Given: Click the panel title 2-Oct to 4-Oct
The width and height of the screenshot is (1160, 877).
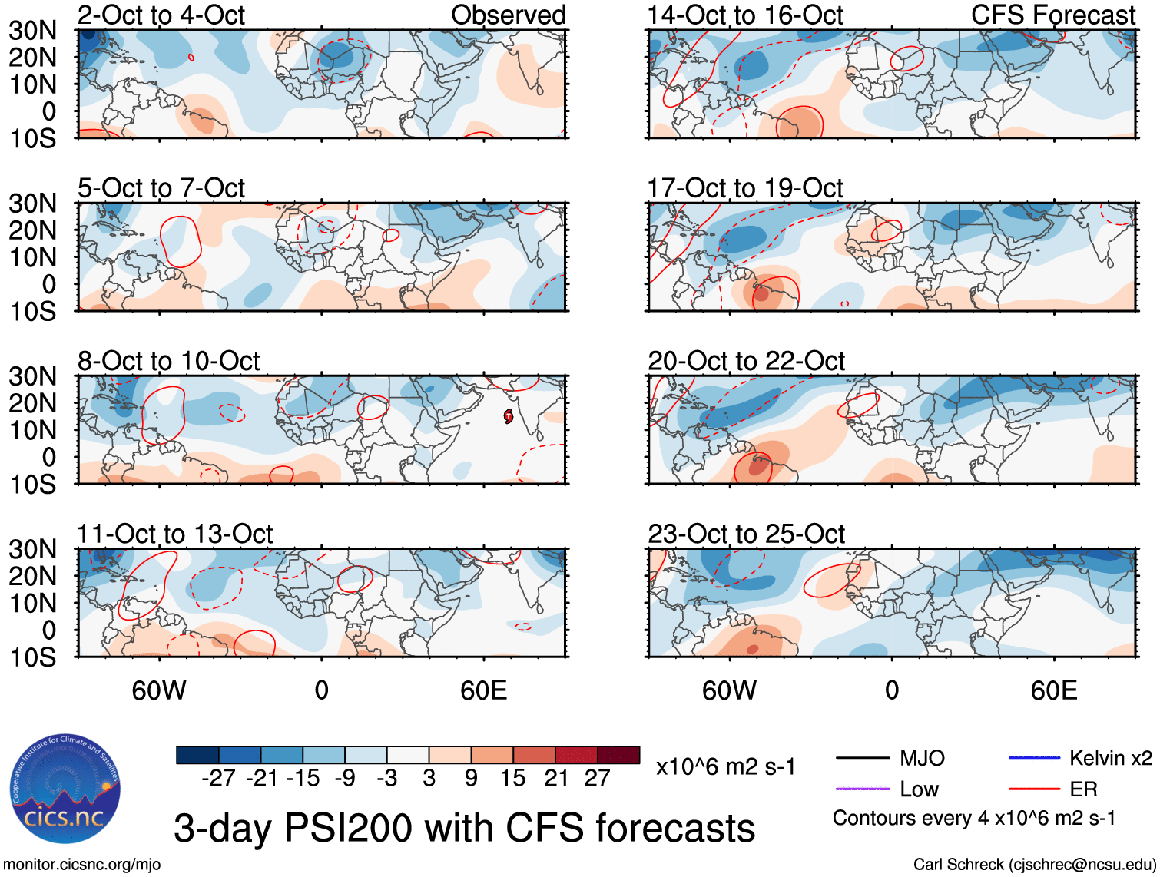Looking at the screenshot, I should (x=161, y=15).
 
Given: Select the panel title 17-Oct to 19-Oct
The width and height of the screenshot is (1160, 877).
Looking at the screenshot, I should (x=745, y=188).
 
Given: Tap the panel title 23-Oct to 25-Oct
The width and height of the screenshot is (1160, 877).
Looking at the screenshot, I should (x=746, y=534).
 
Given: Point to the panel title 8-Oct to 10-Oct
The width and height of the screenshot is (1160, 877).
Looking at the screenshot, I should (x=168, y=361).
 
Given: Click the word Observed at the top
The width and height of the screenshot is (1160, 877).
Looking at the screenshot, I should (x=508, y=15).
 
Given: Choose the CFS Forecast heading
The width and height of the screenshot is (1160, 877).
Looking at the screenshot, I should (x=1052, y=15).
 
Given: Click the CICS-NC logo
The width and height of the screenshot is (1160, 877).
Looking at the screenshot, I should (x=65, y=789).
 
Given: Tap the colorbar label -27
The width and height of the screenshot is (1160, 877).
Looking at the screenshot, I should (x=218, y=779).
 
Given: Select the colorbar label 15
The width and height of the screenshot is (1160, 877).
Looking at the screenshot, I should (x=512, y=779).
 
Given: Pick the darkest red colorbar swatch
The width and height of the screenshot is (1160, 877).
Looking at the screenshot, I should (x=618, y=755).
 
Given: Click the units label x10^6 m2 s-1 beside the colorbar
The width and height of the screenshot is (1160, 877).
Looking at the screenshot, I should (x=725, y=767).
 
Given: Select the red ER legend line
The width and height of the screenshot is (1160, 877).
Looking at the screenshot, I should (x=1033, y=789).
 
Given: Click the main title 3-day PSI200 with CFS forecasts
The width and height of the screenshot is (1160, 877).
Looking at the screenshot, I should (x=464, y=829).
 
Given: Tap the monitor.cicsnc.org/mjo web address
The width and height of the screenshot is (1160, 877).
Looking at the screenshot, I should (x=82, y=865).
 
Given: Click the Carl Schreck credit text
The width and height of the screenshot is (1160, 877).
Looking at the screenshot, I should (x=1034, y=865).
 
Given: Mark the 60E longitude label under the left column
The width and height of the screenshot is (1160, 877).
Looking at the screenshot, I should (x=483, y=690).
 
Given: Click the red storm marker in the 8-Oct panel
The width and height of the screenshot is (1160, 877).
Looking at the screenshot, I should (x=509, y=416).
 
